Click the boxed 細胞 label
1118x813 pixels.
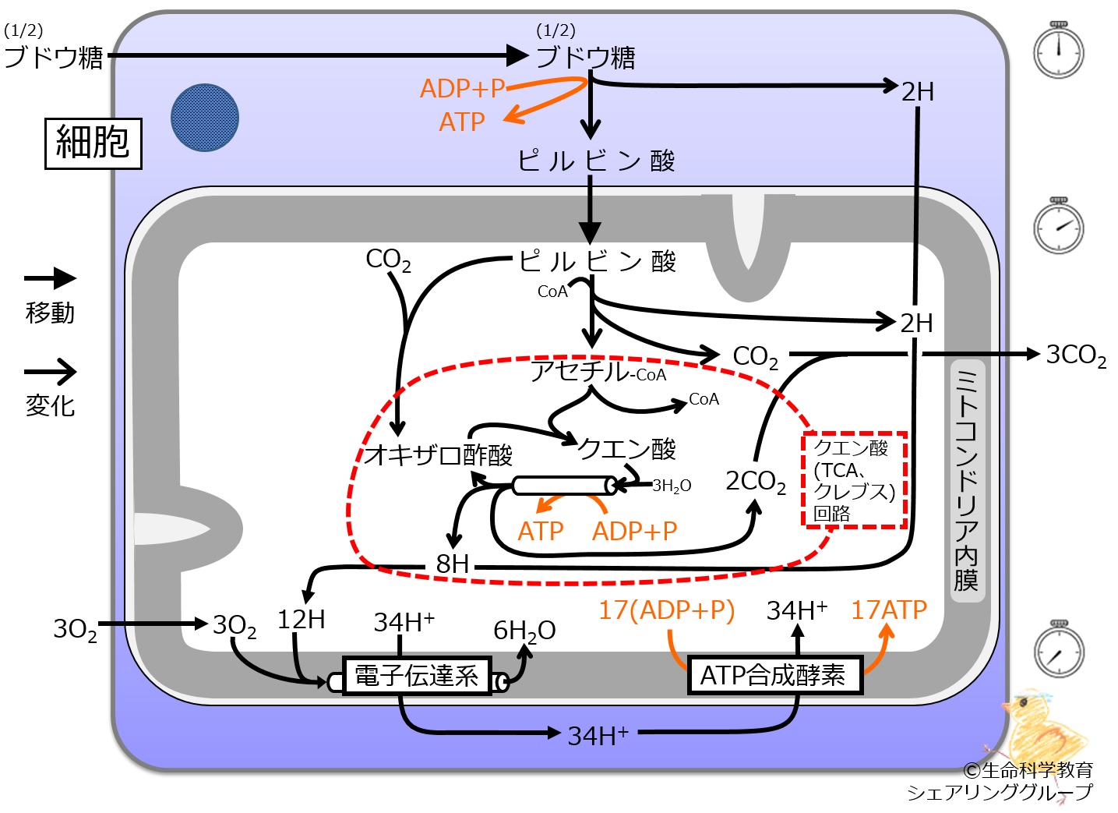(x=93, y=144)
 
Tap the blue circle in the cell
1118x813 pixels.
(x=205, y=118)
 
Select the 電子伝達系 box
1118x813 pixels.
(x=417, y=676)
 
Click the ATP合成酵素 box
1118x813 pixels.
(x=775, y=676)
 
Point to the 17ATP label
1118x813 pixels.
(x=889, y=610)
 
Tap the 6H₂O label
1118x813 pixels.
(x=524, y=631)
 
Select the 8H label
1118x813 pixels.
(x=452, y=564)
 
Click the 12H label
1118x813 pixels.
(x=301, y=620)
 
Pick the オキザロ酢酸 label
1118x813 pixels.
(x=438, y=455)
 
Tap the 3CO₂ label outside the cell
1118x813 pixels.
(x=1076, y=355)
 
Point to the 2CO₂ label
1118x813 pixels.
(x=756, y=482)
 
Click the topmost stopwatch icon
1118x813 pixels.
(x=1058, y=51)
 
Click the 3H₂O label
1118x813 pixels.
(x=672, y=486)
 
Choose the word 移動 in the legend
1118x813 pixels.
(x=50, y=313)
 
